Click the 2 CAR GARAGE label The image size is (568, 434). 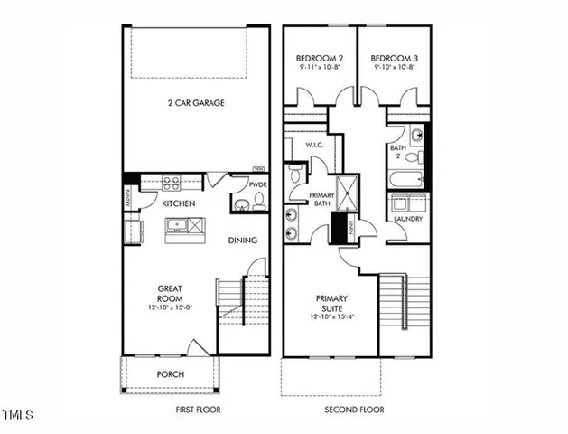(x=195, y=103)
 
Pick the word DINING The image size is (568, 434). (x=244, y=241)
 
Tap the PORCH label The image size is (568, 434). (x=170, y=374)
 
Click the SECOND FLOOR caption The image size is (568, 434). (x=354, y=410)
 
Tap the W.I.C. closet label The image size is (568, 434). (x=314, y=145)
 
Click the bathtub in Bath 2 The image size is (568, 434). (x=409, y=179)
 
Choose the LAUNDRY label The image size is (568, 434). (x=409, y=219)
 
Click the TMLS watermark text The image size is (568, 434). (x=18, y=416)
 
